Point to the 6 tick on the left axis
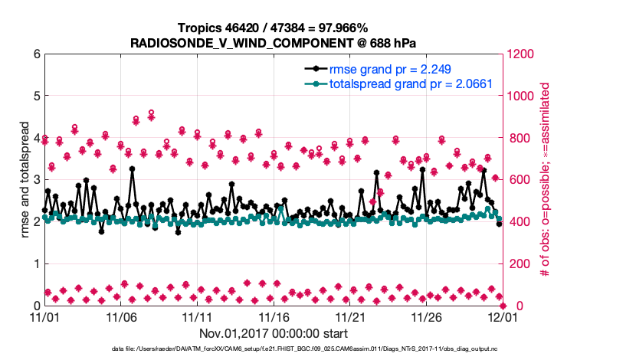[36, 54]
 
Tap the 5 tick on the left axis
[36, 97]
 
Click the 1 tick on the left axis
[36, 263]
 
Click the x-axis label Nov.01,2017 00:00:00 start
[274, 333]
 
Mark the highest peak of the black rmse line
[132, 169]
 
